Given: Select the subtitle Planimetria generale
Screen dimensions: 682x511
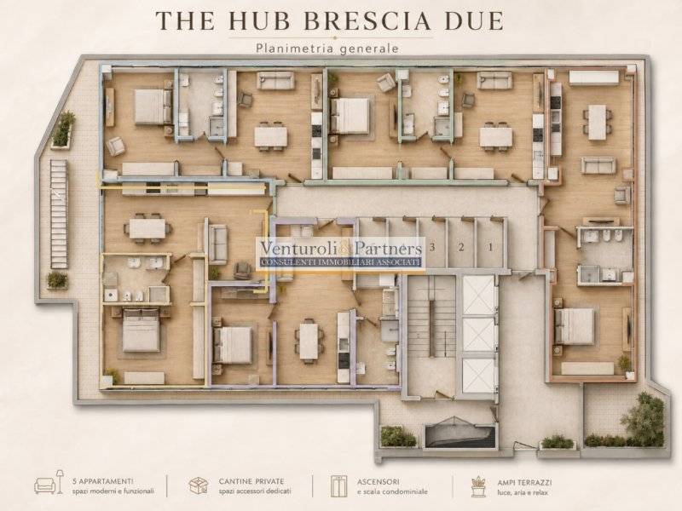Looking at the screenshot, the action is point(327,48).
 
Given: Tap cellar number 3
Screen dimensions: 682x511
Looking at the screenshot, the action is point(432,247).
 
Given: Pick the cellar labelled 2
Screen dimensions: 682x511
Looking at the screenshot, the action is point(461,247).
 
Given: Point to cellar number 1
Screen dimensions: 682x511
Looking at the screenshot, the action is point(491,247).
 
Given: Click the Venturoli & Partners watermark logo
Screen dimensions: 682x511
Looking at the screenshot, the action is point(340,254).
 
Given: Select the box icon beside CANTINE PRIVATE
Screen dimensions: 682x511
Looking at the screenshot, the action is point(199,485).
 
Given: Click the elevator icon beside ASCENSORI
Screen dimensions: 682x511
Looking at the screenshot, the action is point(338,485).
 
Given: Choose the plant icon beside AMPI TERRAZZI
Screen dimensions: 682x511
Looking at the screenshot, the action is point(478,486).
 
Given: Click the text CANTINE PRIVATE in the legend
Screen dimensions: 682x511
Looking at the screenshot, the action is point(251,481).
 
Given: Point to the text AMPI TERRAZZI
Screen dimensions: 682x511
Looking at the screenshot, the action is point(524,483).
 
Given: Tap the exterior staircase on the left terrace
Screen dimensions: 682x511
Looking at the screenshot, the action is point(59,214).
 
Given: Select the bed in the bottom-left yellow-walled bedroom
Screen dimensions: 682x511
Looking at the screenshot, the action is point(141,330).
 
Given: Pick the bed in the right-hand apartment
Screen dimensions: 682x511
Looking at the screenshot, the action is point(574,326).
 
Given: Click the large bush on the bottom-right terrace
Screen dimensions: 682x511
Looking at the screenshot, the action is point(643,418).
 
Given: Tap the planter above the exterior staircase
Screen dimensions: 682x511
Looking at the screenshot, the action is point(63,129).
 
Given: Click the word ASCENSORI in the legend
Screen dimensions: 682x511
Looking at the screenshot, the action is point(379,481).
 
